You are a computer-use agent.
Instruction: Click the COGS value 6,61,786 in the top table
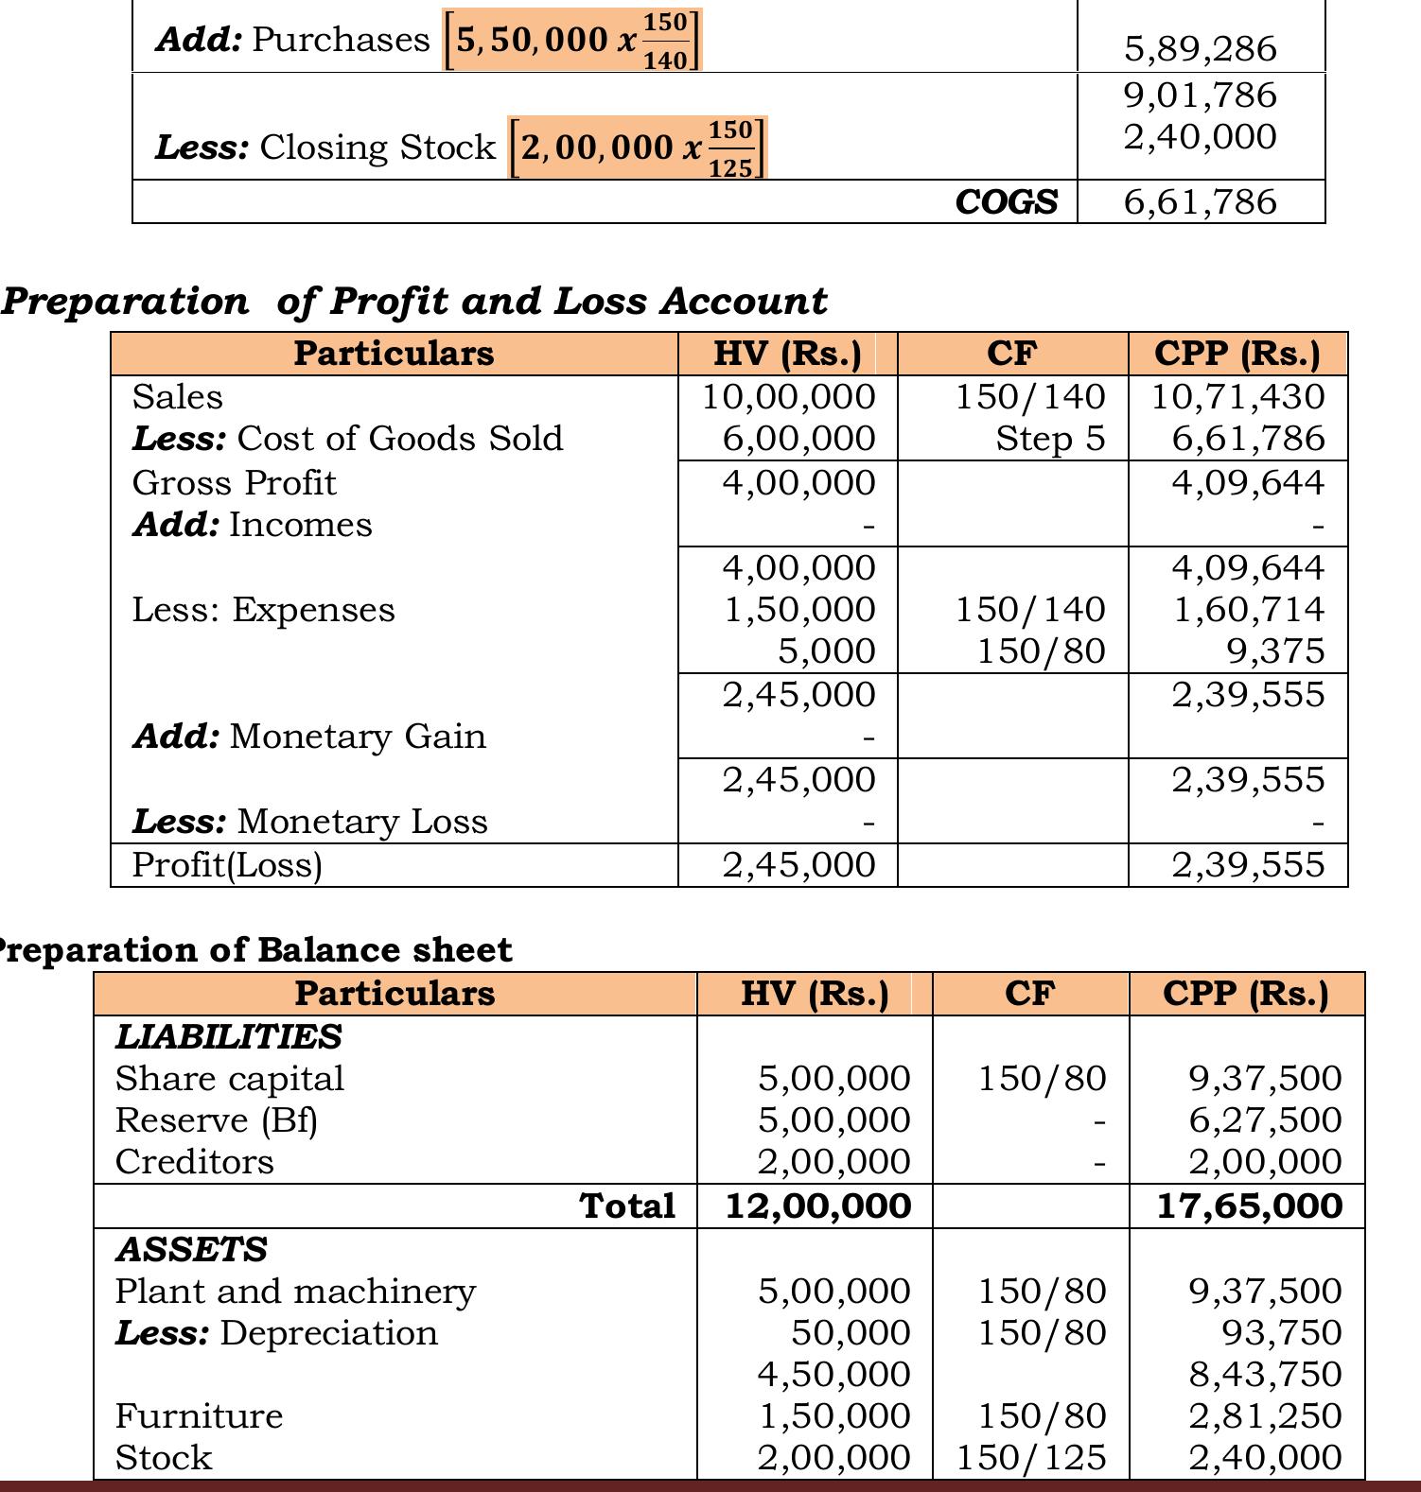point(1200,202)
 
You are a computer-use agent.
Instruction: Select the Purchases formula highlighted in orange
point(572,41)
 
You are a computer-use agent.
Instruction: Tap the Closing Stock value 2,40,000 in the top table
point(1200,137)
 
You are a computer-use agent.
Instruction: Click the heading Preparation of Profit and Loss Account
point(413,302)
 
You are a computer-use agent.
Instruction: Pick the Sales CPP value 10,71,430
point(1237,396)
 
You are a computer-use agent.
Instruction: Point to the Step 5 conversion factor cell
point(1050,439)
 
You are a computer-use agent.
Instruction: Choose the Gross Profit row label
point(234,483)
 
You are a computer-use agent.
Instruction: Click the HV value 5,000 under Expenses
point(826,651)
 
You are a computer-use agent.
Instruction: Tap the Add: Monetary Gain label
point(309,737)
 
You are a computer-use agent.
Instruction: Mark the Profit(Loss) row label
point(227,865)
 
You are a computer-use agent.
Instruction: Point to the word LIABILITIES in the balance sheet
point(228,1037)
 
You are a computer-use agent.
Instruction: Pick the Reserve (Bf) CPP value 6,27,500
point(1265,1120)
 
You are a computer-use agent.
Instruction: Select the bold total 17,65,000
point(1250,1206)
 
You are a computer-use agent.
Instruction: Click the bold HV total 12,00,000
point(817,1206)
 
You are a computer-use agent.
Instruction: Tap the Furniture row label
point(199,1416)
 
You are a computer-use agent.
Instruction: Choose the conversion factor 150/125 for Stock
point(1030,1458)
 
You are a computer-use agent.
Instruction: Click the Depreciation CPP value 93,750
point(1282,1333)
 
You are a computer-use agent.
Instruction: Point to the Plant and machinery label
point(295,1292)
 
